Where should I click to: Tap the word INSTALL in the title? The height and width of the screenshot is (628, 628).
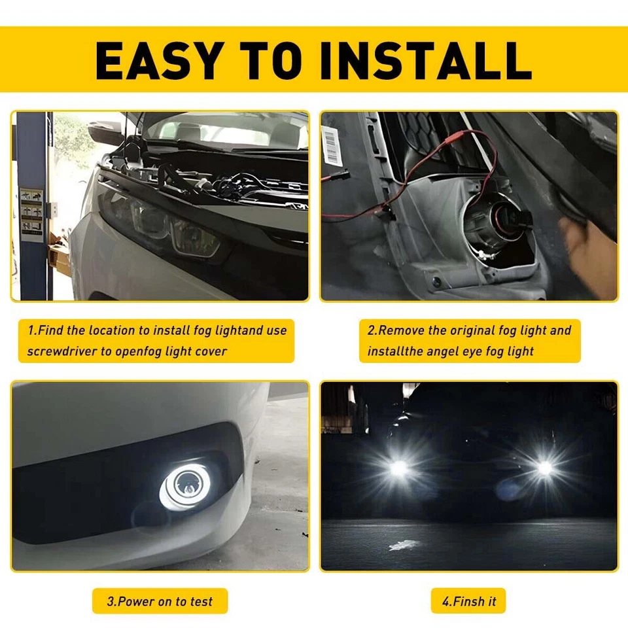coord(426,60)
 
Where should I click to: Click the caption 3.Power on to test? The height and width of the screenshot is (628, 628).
coord(160,601)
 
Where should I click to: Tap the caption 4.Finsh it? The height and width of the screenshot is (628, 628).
coord(468,601)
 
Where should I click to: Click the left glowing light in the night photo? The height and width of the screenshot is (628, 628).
coord(398,468)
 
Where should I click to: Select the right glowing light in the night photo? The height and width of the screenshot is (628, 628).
coord(544,468)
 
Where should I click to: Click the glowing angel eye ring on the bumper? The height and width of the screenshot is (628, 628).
coord(185,487)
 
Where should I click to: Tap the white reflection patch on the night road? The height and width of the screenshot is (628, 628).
coord(404,545)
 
